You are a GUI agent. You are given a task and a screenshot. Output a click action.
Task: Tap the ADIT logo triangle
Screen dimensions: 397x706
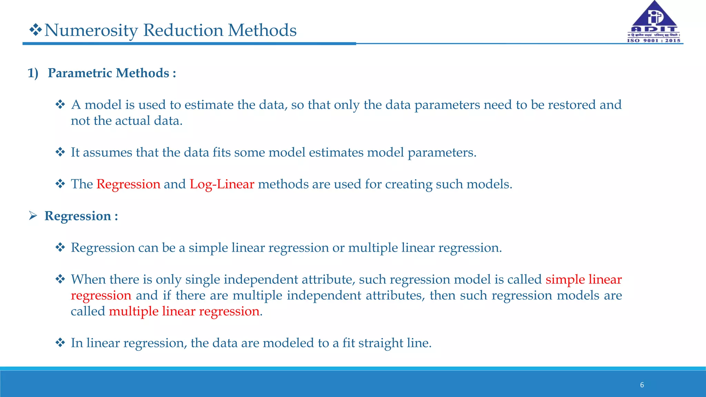pyautogui.click(x=654, y=16)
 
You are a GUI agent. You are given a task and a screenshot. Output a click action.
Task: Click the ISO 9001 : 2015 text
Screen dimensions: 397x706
pyautogui.click(x=654, y=40)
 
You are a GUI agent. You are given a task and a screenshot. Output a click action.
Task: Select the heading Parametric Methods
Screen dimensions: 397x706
pyautogui.click(x=112, y=73)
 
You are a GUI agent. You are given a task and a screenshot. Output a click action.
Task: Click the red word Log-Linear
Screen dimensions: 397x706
pyautogui.click(x=222, y=184)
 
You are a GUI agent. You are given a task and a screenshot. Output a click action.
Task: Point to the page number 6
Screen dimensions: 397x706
pyautogui.click(x=642, y=385)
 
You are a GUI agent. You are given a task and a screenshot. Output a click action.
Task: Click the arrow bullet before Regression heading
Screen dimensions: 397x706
pyautogui.click(x=33, y=216)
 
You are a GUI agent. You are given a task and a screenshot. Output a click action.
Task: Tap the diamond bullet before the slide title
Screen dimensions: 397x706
pyautogui.click(x=35, y=30)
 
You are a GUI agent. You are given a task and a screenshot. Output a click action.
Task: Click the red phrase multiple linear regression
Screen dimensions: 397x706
pyautogui.click(x=184, y=311)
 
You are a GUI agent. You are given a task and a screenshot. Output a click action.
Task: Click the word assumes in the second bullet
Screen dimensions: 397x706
pyautogui.click(x=107, y=152)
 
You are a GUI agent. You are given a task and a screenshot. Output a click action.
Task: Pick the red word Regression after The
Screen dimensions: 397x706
pyautogui.click(x=128, y=184)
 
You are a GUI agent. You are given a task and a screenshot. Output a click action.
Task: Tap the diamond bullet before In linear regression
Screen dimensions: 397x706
pyautogui.click(x=60, y=343)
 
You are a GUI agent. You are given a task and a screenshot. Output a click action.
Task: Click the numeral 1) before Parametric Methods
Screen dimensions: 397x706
pyautogui.click(x=33, y=73)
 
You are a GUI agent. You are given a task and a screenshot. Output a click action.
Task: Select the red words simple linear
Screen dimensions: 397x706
pyautogui.click(x=584, y=279)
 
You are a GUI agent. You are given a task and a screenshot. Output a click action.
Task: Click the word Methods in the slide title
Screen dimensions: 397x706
pyautogui.click(x=262, y=30)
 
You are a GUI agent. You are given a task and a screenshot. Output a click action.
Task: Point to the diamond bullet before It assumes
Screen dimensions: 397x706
pyautogui.click(x=60, y=152)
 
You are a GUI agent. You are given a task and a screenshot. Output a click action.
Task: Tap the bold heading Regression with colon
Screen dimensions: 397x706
pyautogui.click(x=81, y=216)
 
